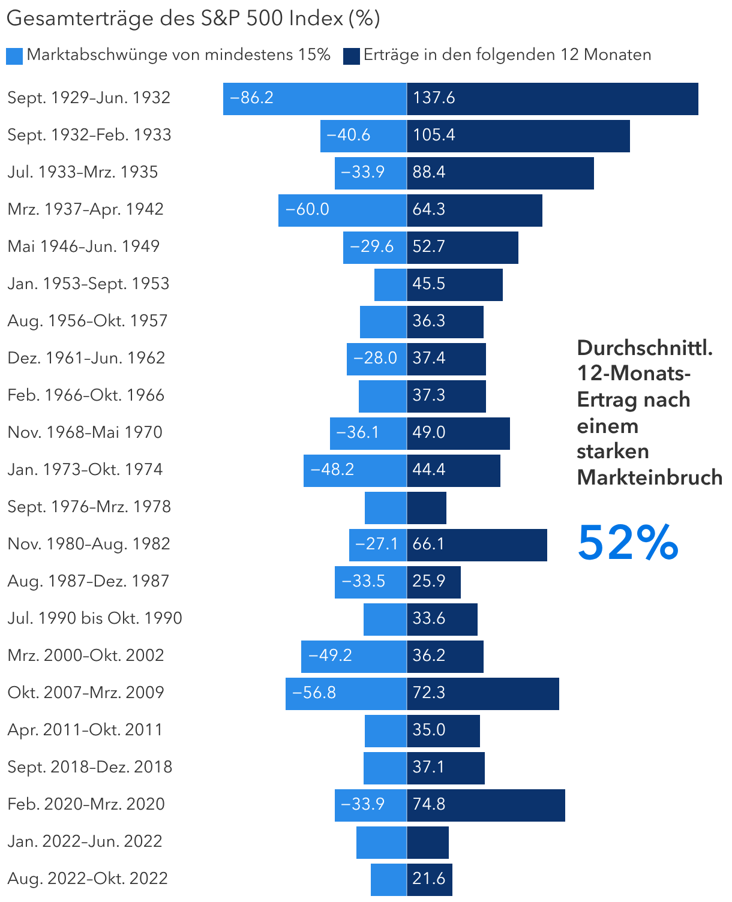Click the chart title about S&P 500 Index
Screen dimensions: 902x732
[193, 18]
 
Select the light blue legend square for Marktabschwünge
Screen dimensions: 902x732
[14, 56]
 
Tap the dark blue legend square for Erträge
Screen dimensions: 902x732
[351, 56]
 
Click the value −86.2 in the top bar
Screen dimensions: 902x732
[252, 98]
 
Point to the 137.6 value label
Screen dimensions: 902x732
[434, 98]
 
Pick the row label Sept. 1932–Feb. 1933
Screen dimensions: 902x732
[89, 135]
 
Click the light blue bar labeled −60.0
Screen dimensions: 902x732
[342, 210]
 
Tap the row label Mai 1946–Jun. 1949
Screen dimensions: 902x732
[83, 246]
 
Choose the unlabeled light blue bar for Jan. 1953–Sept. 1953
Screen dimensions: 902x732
[390, 284]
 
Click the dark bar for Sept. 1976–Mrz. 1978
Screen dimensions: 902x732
[427, 507]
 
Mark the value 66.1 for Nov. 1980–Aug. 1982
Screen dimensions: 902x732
[428, 544]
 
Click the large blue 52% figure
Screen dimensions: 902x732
[628, 543]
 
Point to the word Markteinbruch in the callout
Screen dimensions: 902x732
[649, 477]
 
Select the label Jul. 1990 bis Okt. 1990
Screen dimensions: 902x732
[95, 618]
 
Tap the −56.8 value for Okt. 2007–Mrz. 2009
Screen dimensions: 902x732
[314, 693]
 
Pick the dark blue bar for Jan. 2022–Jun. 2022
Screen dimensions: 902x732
[428, 842]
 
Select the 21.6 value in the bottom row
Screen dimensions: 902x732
[428, 879]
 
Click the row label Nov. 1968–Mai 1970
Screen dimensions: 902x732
[85, 432]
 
